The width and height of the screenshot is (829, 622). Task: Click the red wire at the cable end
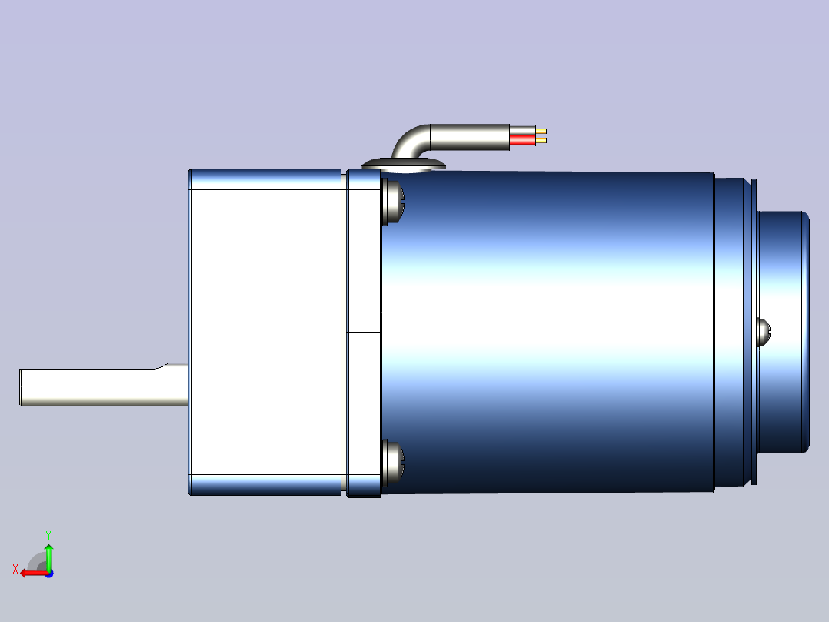[522, 140]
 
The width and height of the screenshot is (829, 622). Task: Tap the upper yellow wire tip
[541, 131]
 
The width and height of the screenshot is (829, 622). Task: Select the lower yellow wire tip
[541, 140]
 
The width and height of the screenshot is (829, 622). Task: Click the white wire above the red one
[522, 130]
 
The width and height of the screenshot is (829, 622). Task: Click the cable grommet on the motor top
[404, 166]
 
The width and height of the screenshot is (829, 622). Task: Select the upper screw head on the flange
[392, 202]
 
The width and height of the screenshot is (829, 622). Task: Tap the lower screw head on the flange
[392, 462]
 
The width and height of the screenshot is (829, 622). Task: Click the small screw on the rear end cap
[764, 332]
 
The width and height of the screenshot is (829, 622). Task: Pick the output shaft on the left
[104, 386]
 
